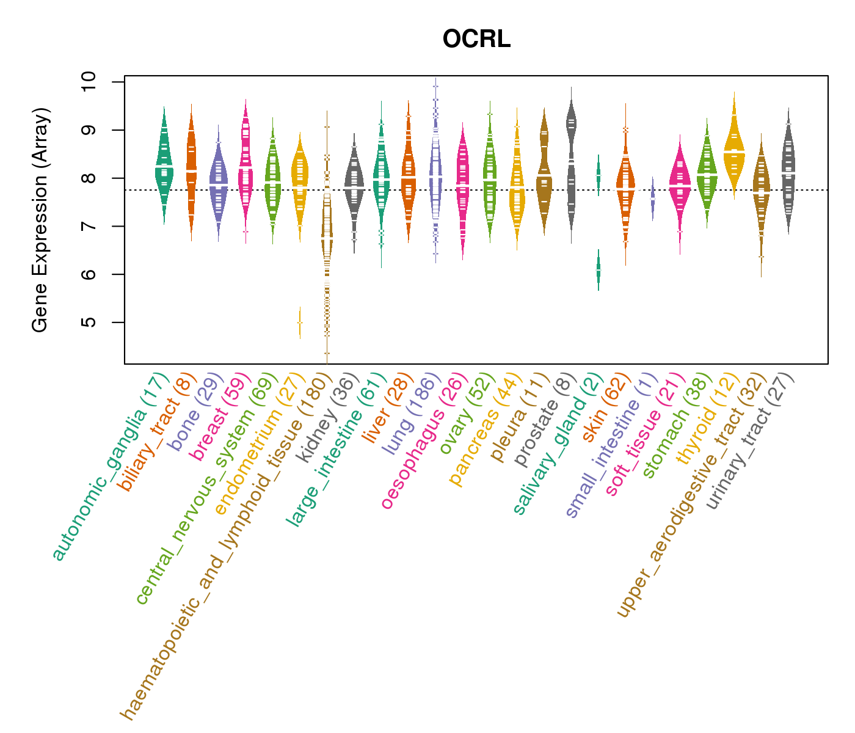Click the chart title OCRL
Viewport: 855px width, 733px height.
pyautogui.click(x=476, y=39)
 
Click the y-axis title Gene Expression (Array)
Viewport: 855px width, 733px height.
pyautogui.click(x=40, y=220)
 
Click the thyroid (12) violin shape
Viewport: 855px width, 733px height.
pyautogui.click(x=734, y=153)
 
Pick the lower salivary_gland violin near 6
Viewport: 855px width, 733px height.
pyautogui.click(x=598, y=270)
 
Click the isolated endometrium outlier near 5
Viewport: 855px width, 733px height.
pyautogui.click(x=299, y=323)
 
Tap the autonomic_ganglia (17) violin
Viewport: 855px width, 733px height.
pyautogui.click(x=164, y=165)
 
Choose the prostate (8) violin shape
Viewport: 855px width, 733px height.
pyautogui.click(x=571, y=165)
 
